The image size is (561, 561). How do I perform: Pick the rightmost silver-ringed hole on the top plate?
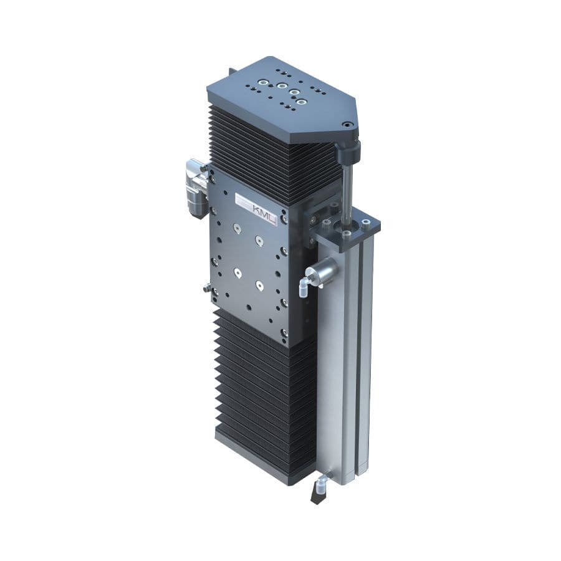tap(302, 101)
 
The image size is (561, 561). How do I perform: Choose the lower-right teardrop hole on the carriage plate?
tap(259, 286)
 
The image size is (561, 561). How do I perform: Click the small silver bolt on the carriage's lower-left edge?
tap(206, 287)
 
